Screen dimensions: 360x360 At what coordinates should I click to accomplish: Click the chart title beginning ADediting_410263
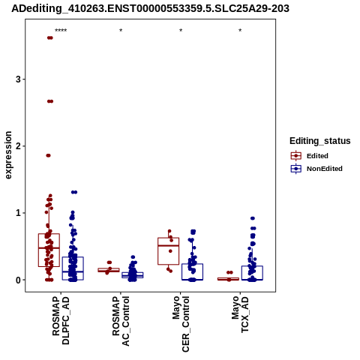(150, 9)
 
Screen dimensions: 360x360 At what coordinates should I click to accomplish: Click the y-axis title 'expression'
(8, 155)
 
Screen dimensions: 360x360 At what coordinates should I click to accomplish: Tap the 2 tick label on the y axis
(18, 146)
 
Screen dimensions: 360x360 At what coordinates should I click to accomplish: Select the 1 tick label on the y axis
(18, 213)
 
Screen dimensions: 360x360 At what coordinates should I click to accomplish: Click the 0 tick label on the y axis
(18, 280)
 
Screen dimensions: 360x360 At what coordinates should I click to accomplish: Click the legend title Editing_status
(319, 141)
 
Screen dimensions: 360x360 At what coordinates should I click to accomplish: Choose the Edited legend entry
(309, 156)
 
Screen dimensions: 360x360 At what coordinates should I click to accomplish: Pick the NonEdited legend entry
(316, 169)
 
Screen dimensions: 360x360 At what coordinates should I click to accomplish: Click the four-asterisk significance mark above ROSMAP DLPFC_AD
(61, 31)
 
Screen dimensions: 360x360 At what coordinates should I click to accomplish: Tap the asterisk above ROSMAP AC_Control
(121, 31)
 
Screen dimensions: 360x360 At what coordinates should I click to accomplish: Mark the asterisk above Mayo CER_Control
(181, 31)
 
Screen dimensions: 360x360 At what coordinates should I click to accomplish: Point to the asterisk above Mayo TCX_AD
(240, 31)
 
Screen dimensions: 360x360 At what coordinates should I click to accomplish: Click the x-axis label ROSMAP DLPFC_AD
(61, 320)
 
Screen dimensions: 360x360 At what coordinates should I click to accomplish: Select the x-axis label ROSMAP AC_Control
(121, 321)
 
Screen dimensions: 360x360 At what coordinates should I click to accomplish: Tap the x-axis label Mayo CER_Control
(181, 324)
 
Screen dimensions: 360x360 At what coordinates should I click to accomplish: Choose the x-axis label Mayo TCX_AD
(240, 314)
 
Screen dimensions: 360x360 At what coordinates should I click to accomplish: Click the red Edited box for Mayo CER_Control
(169, 251)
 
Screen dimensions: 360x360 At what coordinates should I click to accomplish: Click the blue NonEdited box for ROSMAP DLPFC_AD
(73, 268)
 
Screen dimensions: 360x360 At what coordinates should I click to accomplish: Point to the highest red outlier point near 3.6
(50, 37)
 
